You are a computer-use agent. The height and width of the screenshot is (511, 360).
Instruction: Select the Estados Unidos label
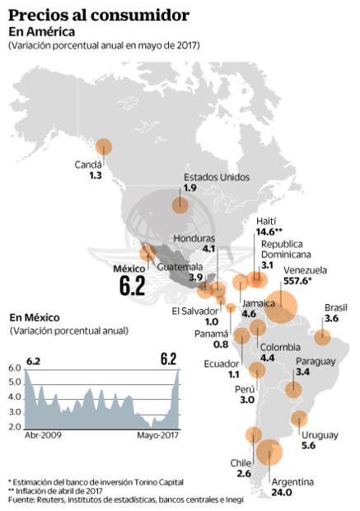pos(216,176)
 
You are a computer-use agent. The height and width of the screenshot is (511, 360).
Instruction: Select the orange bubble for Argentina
pos(269,452)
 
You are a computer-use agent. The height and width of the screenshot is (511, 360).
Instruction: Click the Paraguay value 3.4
pos(302,373)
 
